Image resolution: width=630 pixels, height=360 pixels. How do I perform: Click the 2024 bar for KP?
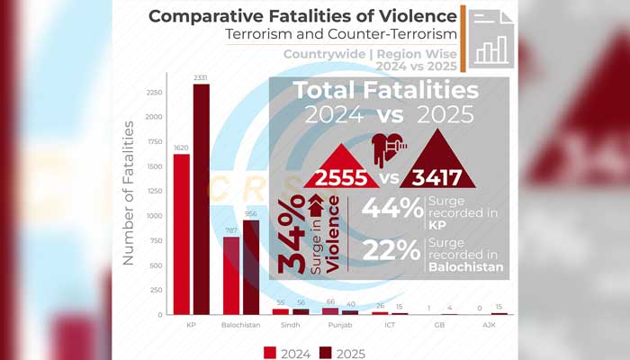(182, 234)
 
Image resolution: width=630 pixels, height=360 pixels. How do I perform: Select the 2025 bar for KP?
(201, 199)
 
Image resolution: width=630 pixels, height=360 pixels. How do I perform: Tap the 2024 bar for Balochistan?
(231, 275)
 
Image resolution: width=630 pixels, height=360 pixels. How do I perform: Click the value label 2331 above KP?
(201, 78)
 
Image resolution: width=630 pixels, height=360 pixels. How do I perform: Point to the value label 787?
(231, 231)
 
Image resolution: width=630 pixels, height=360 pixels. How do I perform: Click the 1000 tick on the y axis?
(153, 216)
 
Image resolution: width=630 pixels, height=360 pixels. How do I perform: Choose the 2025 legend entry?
(347, 354)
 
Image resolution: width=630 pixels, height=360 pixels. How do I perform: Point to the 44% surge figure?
(392, 209)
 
